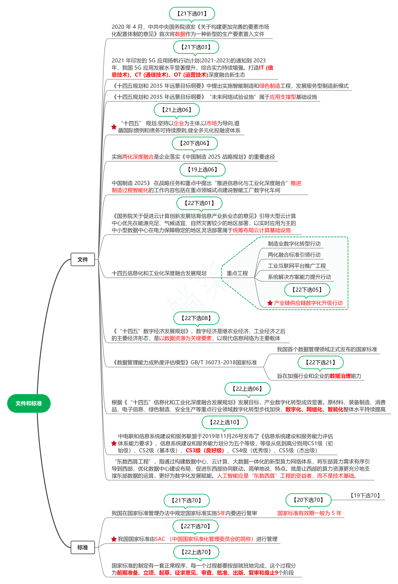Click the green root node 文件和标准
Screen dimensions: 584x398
coord(29,403)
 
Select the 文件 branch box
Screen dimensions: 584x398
coord(83,259)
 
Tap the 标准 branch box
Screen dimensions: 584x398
coord(83,547)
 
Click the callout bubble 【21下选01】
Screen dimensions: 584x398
coord(192,14)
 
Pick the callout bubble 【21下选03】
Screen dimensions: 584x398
coord(196,47)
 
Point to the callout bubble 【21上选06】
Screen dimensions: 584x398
coord(177,110)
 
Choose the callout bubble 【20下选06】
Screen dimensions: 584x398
coord(195,143)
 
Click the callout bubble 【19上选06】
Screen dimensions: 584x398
coord(202,170)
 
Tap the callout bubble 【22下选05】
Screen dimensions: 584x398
coord(307,290)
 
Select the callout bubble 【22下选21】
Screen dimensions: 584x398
coord(320,362)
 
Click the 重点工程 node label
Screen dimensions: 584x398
coord(237,273)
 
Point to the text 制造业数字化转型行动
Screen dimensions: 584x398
coord(294,244)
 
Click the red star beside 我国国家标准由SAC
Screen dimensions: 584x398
coord(114,539)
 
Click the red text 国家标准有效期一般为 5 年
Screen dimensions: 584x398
coord(309,513)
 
